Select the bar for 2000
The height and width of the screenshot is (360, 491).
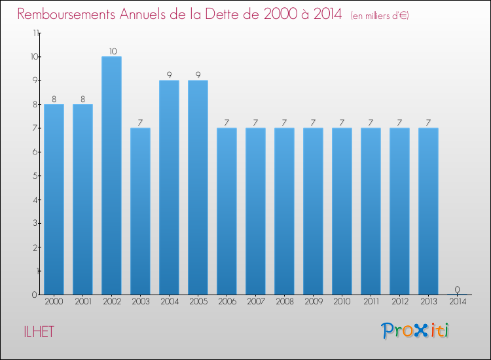pyautogui.click(x=54, y=199)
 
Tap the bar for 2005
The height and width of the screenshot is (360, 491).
pyautogui.click(x=198, y=187)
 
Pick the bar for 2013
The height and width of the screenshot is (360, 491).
pyautogui.click(x=428, y=211)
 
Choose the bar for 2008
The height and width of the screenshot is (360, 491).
pyautogui.click(x=284, y=211)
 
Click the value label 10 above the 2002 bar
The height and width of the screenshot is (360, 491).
pyautogui.click(x=111, y=51)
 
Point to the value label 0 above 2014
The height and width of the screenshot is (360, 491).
pyautogui.click(x=457, y=289)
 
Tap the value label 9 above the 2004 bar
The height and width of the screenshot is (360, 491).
pyautogui.click(x=169, y=75)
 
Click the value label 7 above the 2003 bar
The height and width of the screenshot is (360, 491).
pyautogui.click(x=140, y=122)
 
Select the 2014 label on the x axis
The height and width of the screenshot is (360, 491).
pyautogui.click(x=457, y=302)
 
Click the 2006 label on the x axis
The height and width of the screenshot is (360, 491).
pyautogui.click(x=227, y=302)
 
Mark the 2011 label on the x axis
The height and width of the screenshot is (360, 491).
pyautogui.click(x=371, y=302)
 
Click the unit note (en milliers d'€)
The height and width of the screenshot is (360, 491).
pyautogui.click(x=380, y=15)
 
